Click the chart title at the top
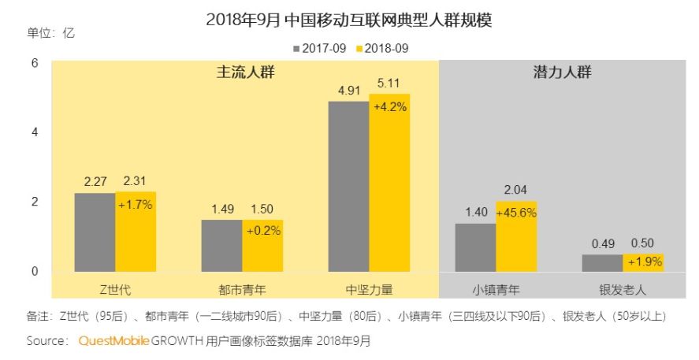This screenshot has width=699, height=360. click(x=349, y=20)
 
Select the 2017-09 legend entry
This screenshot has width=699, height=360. click(x=319, y=49)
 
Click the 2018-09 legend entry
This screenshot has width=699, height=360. click(x=382, y=49)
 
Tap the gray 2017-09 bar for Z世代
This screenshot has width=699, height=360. click(x=95, y=232)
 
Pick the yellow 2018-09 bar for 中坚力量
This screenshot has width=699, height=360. click(x=389, y=183)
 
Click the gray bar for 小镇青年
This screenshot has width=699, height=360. click(x=476, y=247)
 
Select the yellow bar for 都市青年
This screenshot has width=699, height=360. click(x=262, y=246)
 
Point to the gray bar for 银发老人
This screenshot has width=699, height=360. click(x=602, y=263)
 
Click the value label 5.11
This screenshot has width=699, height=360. click(x=389, y=84)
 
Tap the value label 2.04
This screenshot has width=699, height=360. click(x=515, y=190)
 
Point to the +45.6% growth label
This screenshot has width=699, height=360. click(x=516, y=213)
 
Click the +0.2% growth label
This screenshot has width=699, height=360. click(x=263, y=231)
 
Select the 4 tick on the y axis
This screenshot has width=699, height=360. click(x=35, y=132)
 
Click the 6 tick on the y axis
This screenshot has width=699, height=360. click(x=35, y=63)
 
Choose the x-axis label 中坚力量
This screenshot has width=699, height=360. click(x=369, y=290)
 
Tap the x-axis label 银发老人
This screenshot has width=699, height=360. click(x=623, y=290)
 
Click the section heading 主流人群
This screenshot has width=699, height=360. click(x=246, y=72)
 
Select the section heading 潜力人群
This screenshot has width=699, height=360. click(x=562, y=72)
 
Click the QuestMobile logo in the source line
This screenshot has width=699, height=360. click(x=113, y=341)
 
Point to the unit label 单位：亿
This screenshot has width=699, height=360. click(x=50, y=33)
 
